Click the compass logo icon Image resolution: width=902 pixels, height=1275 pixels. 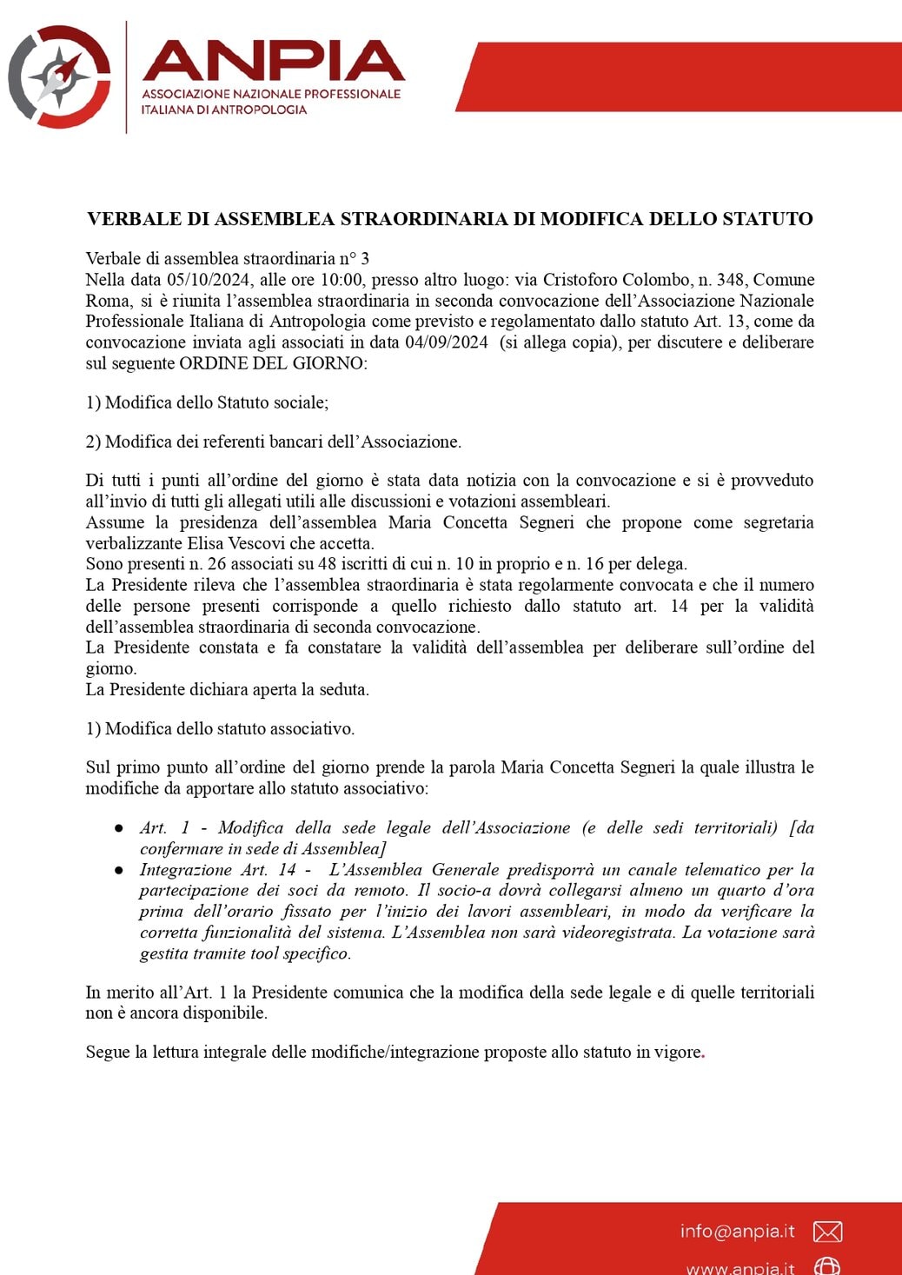coord(59,76)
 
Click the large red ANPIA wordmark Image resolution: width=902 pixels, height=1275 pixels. coord(273,61)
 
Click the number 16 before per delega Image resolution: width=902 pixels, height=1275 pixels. coord(594,564)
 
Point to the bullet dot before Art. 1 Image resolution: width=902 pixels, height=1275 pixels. coord(118,829)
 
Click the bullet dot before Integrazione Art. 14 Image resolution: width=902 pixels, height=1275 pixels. coord(118,871)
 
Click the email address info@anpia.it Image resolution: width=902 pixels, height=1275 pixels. coord(737,1231)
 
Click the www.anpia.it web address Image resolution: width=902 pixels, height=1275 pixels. coord(740,1267)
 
